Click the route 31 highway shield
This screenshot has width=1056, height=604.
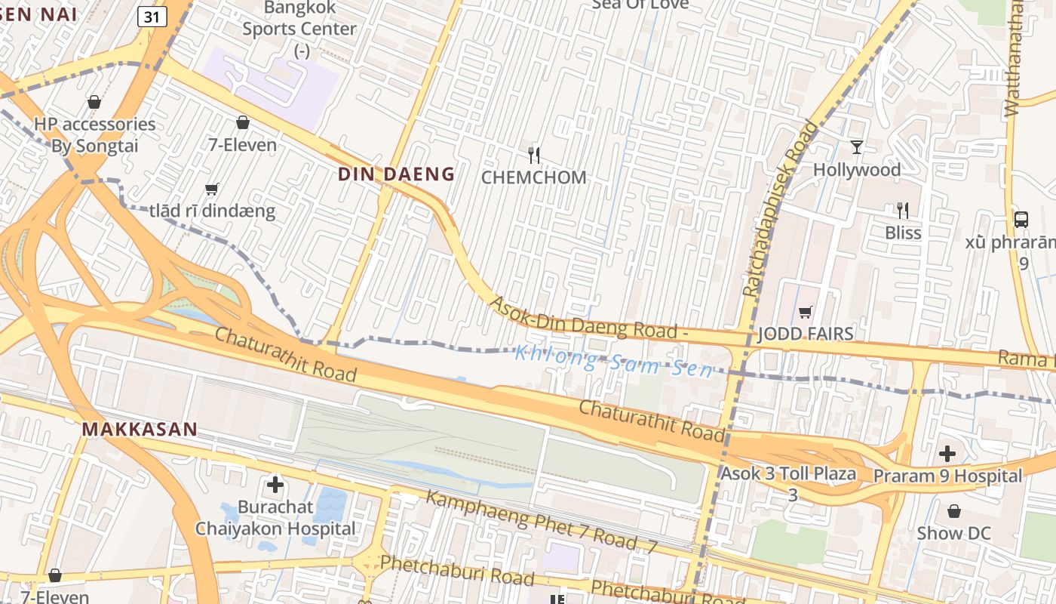pyautogui.click(x=152, y=17)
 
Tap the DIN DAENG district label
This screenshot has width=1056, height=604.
pyautogui.click(x=396, y=174)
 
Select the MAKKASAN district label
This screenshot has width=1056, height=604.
pyautogui.click(x=140, y=430)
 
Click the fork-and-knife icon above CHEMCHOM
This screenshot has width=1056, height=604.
pyautogui.click(x=534, y=156)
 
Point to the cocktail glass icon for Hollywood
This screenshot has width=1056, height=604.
pyautogui.click(x=856, y=146)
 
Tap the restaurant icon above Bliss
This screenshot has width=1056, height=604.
pyautogui.click(x=902, y=210)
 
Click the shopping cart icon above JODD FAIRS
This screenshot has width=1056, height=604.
pyautogui.click(x=805, y=312)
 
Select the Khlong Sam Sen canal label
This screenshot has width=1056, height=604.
pyautogui.click(x=613, y=361)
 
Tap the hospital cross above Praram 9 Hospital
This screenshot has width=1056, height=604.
pyautogui.click(x=947, y=454)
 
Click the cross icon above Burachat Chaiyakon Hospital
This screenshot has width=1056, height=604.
pyautogui.click(x=275, y=484)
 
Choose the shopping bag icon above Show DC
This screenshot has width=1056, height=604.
pyautogui.click(x=953, y=511)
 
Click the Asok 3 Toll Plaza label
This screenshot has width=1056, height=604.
pyautogui.click(x=789, y=474)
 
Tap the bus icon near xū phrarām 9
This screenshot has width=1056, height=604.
pyautogui.click(x=1021, y=220)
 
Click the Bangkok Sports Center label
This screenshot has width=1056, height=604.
pyautogui.click(x=299, y=29)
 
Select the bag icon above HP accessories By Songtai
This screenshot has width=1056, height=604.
pyautogui.click(x=94, y=102)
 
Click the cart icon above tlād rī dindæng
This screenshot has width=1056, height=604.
pyautogui.click(x=212, y=189)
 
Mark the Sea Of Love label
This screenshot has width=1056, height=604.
pyautogui.click(x=640, y=5)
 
